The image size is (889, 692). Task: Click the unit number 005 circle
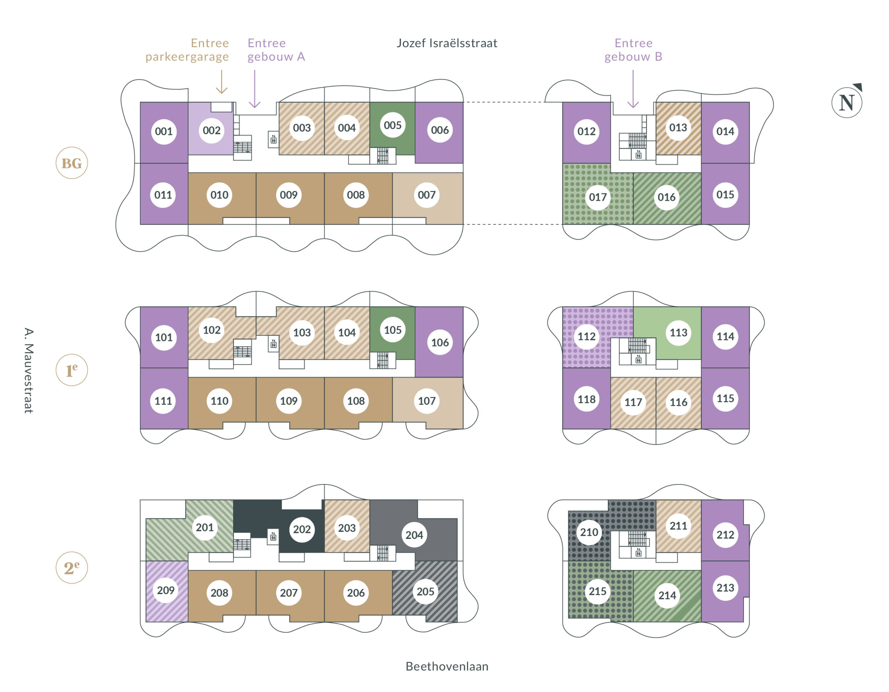[x=392, y=125]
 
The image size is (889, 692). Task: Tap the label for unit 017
[x=598, y=198]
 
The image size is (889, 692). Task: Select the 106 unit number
[x=440, y=343]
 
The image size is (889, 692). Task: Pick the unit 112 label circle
[x=586, y=337]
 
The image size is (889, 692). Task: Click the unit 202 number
[x=302, y=530]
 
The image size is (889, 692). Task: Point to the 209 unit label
[x=166, y=591]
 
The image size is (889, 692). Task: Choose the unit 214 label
[x=667, y=596]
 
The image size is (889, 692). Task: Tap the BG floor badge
[x=72, y=163]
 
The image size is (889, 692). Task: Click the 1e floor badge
[x=72, y=370]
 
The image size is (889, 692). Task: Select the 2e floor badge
[x=72, y=568]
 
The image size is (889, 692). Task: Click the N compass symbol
[x=847, y=102]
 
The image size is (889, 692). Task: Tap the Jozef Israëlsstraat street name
[x=447, y=43]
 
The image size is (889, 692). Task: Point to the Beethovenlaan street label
[x=447, y=666]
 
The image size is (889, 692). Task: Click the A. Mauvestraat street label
[x=28, y=370]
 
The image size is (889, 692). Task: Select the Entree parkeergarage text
[x=187, y=50]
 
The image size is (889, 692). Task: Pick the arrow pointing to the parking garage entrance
[x=222, y=82]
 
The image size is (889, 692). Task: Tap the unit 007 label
[x=426, y=195]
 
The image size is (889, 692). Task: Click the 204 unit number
[x=414, y=535]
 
